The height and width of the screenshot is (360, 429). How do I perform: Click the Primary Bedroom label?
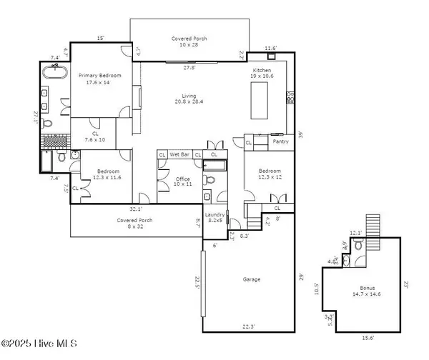[x=100, y=79]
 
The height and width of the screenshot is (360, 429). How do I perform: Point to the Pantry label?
[x=281, y=141]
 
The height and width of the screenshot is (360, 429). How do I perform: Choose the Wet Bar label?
[x=179, y=154]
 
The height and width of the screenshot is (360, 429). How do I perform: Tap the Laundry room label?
[x=214, y=218]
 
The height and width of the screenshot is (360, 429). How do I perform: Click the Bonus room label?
[x=366, y=288]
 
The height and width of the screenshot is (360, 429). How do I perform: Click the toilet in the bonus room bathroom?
[x=359, y=246]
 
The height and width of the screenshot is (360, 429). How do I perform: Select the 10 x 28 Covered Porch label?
[x=189, y=41]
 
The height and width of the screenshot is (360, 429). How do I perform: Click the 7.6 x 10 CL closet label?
[x=94, y=136]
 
